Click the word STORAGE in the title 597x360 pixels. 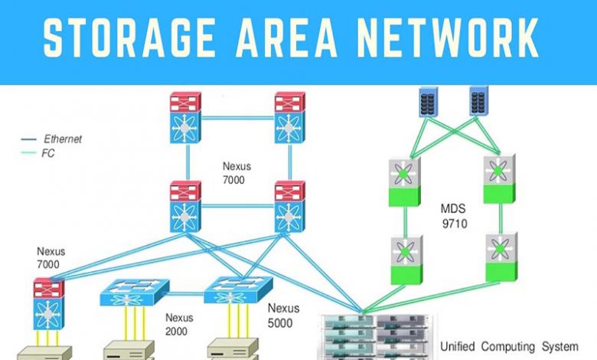129,37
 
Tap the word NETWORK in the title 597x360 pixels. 448,37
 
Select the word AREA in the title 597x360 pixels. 286,37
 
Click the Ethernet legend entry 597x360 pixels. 51,139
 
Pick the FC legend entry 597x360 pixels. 38,153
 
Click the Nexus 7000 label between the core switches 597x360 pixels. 237,173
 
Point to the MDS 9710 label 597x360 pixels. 454,216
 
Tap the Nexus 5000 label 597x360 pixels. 283,316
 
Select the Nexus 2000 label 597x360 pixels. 179,324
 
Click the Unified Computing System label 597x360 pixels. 509,347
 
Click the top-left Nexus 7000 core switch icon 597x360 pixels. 185,118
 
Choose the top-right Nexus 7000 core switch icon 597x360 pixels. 290,118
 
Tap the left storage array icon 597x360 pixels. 429,102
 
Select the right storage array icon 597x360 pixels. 478,101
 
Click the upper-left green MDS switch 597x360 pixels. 405,182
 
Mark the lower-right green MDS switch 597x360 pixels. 501,257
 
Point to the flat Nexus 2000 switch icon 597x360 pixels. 135,293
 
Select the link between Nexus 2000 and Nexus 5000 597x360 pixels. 187,293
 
